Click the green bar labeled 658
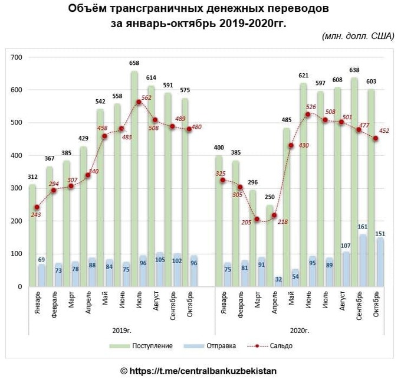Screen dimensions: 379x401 (x=134, y=177)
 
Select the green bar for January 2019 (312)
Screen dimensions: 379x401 (x=33, y=236)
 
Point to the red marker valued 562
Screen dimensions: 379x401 (x=139, y=102)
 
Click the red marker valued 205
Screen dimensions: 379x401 (x=257, y=219)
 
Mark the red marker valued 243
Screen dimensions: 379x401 (x=38, y=207)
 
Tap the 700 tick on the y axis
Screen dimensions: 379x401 (x=16, y=57)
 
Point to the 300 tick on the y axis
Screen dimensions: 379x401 (x=16, y=188)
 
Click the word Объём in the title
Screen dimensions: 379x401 (x=88, y=9)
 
